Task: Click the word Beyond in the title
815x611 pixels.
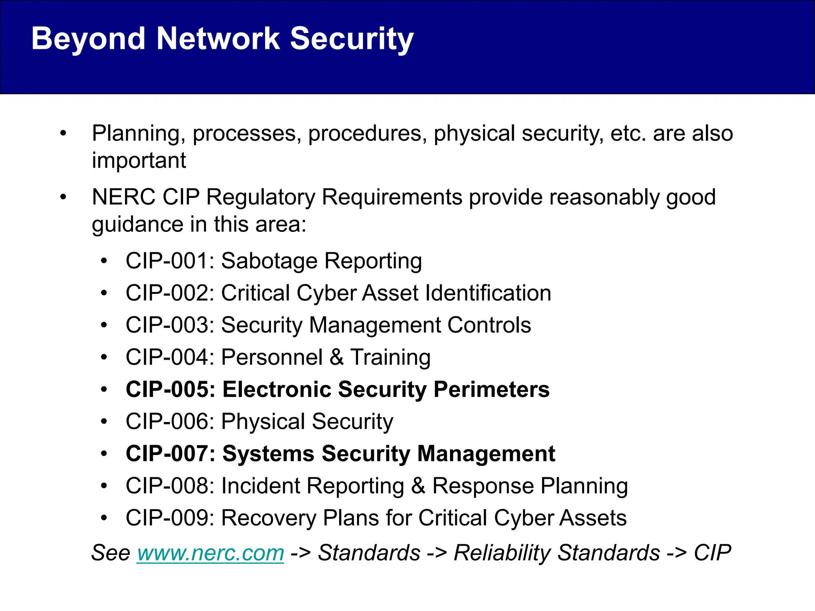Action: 88,39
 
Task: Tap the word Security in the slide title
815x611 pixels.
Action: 352,39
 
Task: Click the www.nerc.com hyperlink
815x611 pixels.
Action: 211,553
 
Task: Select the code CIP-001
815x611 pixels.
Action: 167,261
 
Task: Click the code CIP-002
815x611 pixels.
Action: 167,294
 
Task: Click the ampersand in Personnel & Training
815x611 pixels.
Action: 337,357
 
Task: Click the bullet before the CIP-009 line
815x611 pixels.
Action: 104,518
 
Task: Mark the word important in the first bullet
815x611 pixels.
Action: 138,161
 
